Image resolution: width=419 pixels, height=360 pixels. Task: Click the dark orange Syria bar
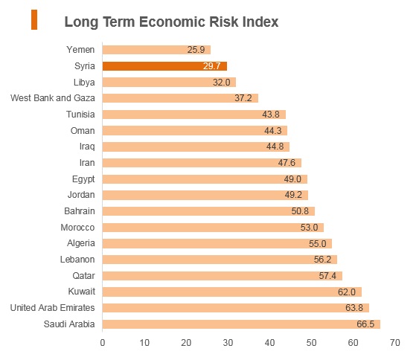coord(164,66)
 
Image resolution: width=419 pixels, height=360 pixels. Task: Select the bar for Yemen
coord(156,50)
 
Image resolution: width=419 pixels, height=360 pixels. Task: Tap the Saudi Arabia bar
coord(241,324)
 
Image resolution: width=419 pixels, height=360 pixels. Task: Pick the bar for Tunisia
coord(194,115)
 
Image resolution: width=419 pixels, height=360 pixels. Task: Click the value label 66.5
coord(365,324)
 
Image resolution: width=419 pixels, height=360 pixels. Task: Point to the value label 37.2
coord(243,98)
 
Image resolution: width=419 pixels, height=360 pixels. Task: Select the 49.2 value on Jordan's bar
coord(293,195)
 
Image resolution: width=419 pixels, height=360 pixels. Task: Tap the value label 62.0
coord(347,292)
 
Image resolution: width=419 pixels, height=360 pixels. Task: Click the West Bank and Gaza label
coord(53,98)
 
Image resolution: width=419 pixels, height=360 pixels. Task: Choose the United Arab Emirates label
coord(52,308)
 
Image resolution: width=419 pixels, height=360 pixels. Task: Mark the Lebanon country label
coord(77,260)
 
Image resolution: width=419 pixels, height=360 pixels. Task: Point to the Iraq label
coord(87,147)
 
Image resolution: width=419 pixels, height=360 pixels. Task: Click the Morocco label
coord(77,228)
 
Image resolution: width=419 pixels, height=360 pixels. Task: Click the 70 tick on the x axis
coord(395,343)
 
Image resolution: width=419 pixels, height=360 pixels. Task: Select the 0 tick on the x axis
coord(103,343)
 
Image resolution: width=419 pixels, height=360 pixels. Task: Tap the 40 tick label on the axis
coord(269,343)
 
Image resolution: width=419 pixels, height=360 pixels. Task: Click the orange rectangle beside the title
coord(34,19)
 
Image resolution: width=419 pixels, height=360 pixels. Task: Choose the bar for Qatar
coord(223,276)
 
